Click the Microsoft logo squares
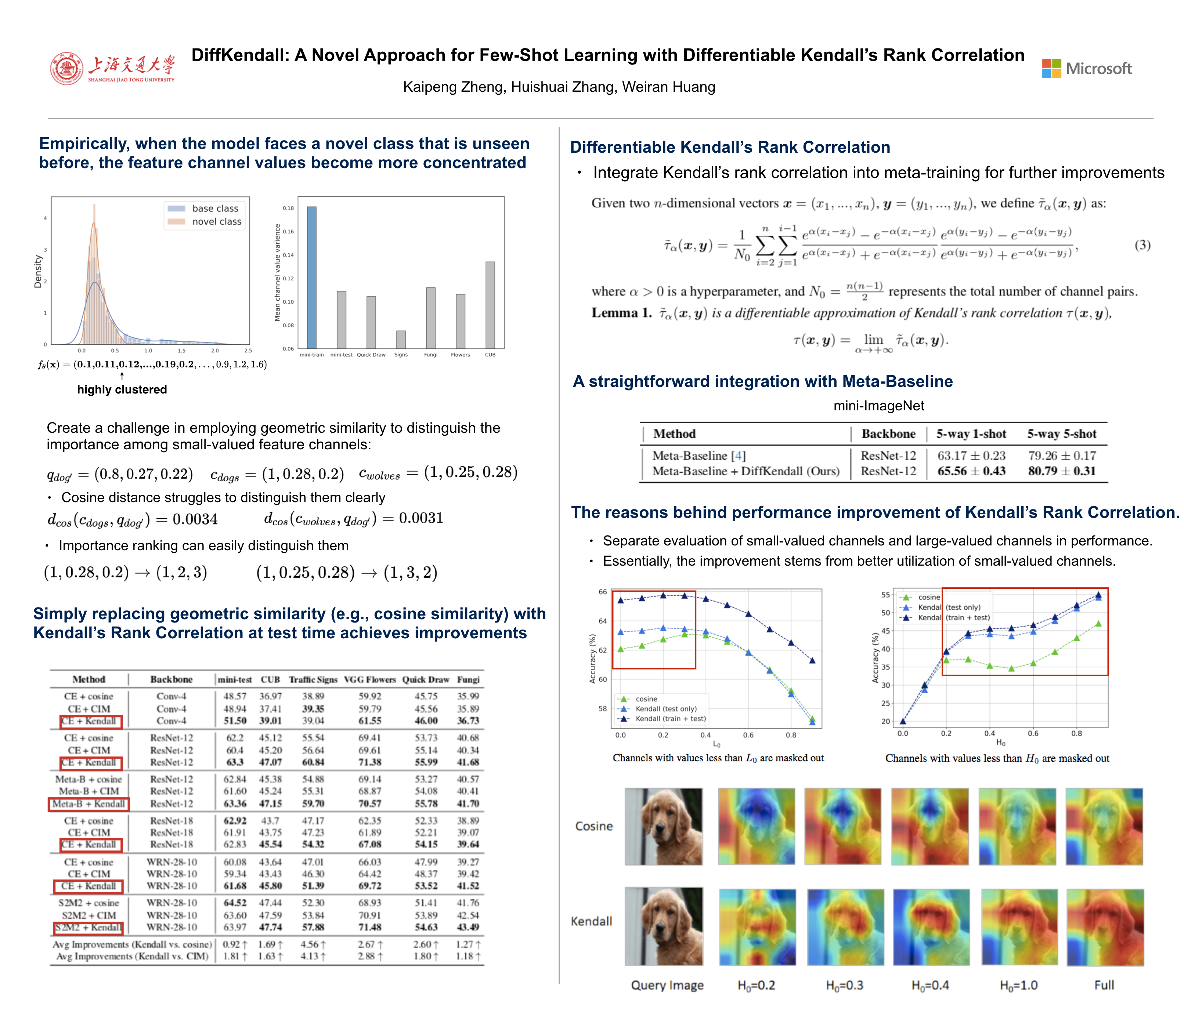coord(1051,69)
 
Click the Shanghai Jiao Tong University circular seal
coord(67,69)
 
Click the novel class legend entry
coord(205,222)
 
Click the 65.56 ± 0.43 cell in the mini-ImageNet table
coord(971,471)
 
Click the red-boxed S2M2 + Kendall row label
coord(88,928)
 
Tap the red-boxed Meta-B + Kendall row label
coord(89,803)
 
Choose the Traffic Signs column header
coord(313,680)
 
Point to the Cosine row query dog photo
coord(663,826)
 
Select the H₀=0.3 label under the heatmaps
coord(844,985)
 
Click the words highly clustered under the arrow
coord(122,389)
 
